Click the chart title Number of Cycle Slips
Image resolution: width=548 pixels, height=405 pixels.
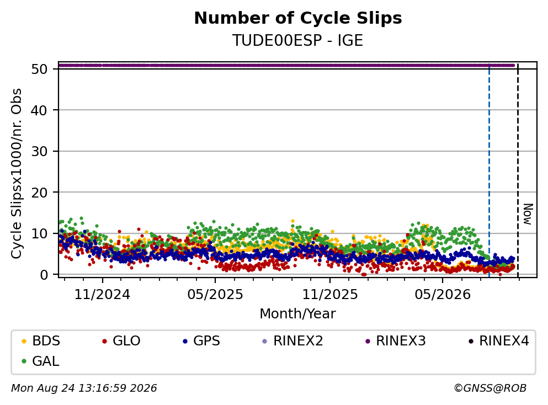[x=298, y=18]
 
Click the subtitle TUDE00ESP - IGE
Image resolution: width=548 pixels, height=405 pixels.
[x=298, y=40]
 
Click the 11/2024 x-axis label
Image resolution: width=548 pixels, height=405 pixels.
[x=103, y=295]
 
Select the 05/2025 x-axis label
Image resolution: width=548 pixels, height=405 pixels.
[x=215, y=295]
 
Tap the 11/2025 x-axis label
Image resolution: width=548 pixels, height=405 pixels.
[x=330, y=295]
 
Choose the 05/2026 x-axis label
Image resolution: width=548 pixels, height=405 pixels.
[x=443, y=295]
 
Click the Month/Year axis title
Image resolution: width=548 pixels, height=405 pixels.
[x=298, y=314]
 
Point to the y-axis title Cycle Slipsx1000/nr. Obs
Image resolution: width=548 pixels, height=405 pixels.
[x=17, y=174]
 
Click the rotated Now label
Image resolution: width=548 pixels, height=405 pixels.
[x=528, y=214]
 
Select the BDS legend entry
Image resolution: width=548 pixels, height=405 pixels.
[x=41, y=340]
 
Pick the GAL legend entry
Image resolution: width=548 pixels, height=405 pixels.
[x=40, y=361]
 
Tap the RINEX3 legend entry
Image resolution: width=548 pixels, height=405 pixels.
[x=396, y=340]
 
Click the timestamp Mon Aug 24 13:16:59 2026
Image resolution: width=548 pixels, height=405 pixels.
[x=84, y=388]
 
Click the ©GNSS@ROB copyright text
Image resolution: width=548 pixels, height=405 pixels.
[x=491, y=388]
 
